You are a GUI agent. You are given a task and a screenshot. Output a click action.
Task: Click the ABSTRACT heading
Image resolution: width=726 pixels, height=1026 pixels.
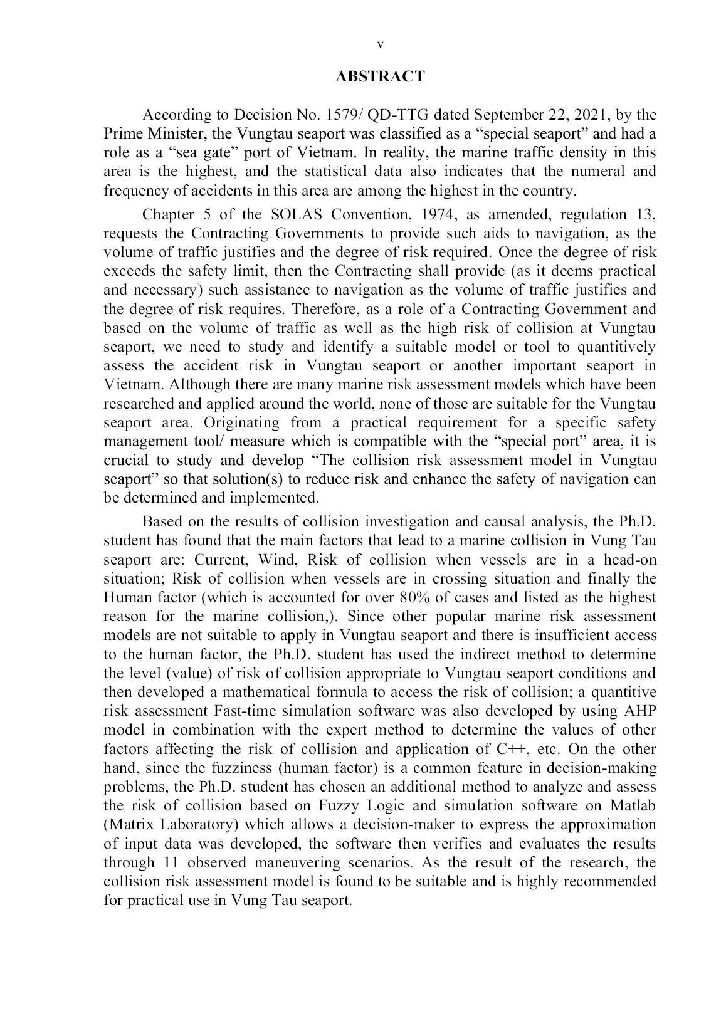click(380, 77)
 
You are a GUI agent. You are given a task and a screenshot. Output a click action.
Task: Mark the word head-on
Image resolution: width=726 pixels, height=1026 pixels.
click(630, 560)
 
